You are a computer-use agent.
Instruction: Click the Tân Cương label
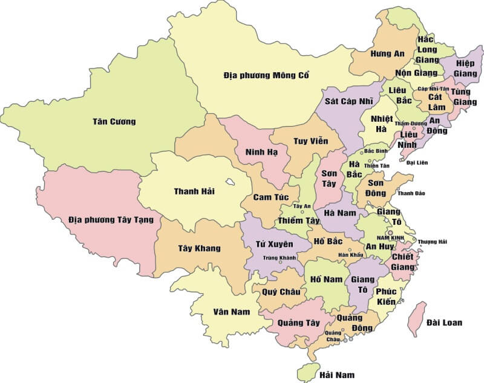[x=114, y=122]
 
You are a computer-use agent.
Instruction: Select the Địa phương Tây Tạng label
[x=111, y=219]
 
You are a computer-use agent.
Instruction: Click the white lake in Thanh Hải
[x=231, y=181]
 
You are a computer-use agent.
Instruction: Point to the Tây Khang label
[x=199, y=248]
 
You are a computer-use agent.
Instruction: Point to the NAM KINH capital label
[x=390, y=238]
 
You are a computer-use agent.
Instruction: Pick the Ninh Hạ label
[x=261, y=152]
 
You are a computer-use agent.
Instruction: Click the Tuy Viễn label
[x=310, y=141]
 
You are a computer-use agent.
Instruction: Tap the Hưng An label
[x=387, y=54]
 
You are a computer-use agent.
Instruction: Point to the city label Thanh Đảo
[x=411, y=193]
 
